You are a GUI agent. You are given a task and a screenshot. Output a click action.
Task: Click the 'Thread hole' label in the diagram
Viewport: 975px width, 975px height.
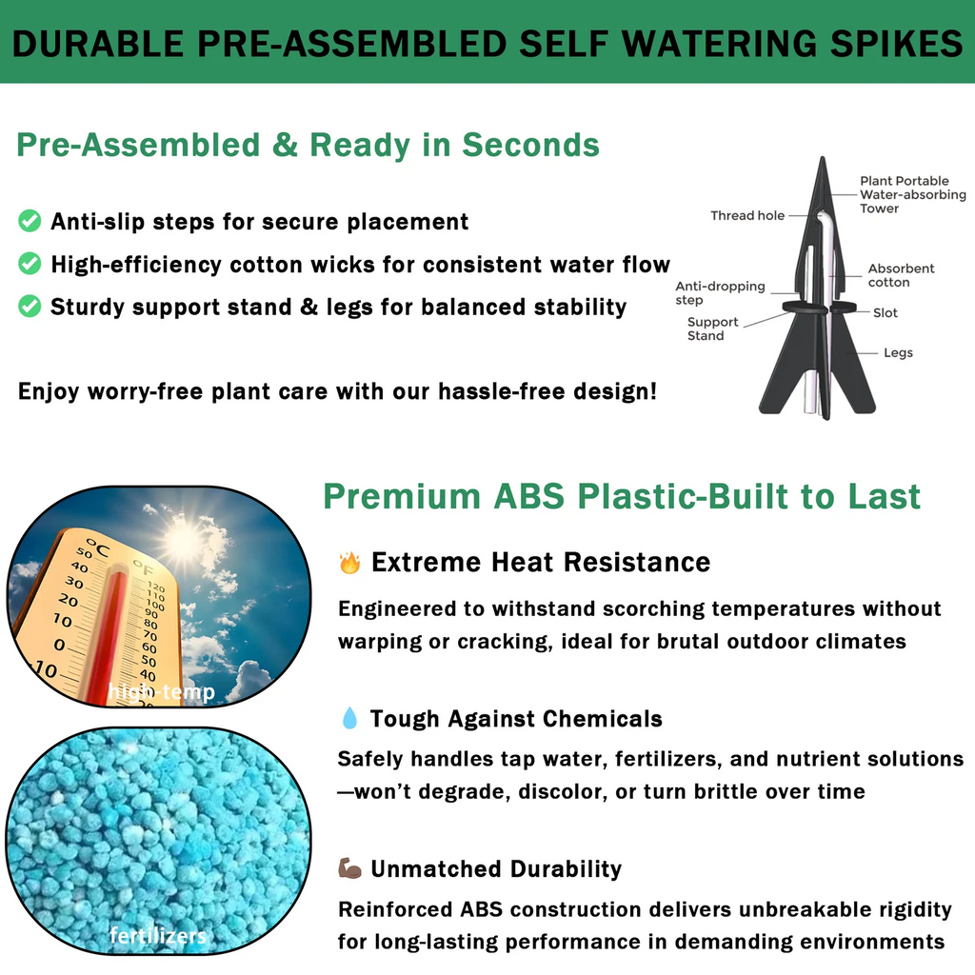click(x=747, y=216)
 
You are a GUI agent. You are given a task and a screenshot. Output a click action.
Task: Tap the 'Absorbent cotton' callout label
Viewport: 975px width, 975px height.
click(x=901, y=275)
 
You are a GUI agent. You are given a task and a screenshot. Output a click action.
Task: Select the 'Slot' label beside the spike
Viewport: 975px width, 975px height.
click(x=885, y=312)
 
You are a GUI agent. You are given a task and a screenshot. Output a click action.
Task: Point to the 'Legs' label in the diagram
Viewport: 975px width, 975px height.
click(x=898, y=352)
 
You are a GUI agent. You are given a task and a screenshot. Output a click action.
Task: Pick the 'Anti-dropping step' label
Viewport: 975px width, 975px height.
click(x=720, y=292)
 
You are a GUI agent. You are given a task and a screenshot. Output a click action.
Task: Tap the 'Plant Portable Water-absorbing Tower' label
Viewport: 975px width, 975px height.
click(x=911, y=194)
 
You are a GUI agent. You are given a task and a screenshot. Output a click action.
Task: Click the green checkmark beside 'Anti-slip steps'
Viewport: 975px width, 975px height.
click(x=30, y=222)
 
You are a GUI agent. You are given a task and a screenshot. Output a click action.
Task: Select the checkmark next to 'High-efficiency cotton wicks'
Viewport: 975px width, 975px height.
click(x=30, y=264)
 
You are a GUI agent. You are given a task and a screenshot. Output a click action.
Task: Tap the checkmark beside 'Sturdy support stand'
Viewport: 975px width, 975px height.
click(x=30, y=307)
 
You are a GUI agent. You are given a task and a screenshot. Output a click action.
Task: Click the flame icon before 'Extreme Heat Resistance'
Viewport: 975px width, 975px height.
click(x=349, y=563)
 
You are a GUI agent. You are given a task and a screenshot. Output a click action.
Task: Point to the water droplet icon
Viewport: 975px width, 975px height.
click(x=349, y=719)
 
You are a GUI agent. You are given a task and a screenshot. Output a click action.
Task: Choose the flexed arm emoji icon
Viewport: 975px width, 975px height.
click(x=349, y=868)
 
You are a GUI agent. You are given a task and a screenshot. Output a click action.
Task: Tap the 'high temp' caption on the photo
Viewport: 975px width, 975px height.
click(x=161, y=692)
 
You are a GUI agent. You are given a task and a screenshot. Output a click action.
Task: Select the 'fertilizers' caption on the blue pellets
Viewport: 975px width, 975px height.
click(x=158, y=935)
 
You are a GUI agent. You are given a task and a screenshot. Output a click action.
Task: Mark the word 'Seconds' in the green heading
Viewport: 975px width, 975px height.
click(x=530, y=145)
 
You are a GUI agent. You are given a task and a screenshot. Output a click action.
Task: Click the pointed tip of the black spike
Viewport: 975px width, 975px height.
click(x=822, y=161)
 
